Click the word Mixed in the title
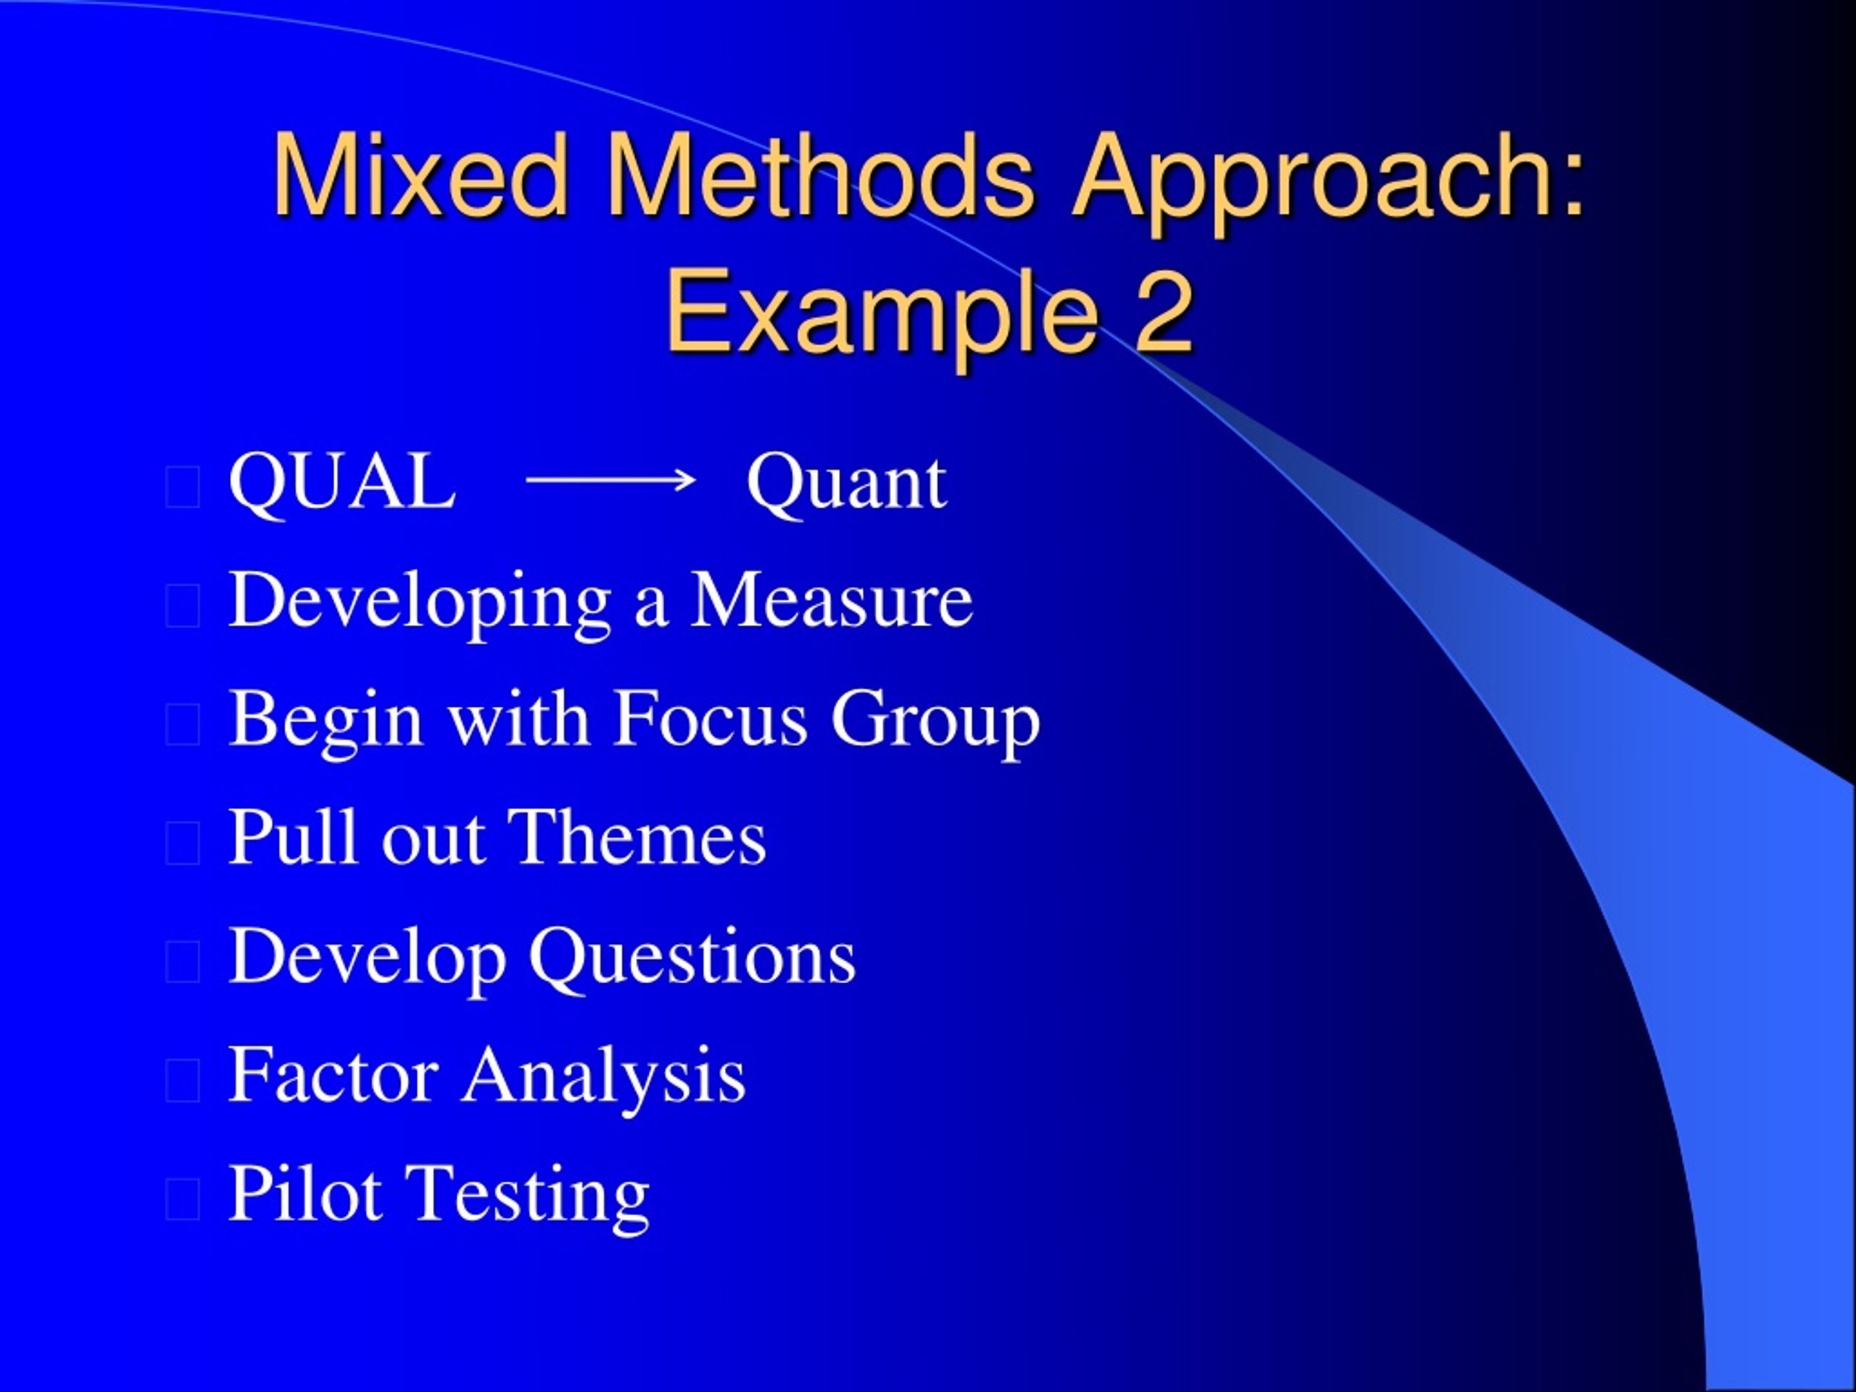(x=420, y=175)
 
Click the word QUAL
(x=342, y=481)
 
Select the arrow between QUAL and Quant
(x=611, y=481)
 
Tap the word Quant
(x=847, y=485)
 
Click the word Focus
(x=710, y=718)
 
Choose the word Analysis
(x=603, y=1079)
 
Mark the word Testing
(x=528, y=1198)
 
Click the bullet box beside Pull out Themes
(x=183, y=843)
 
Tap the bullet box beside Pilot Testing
(x=183, y=1199)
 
